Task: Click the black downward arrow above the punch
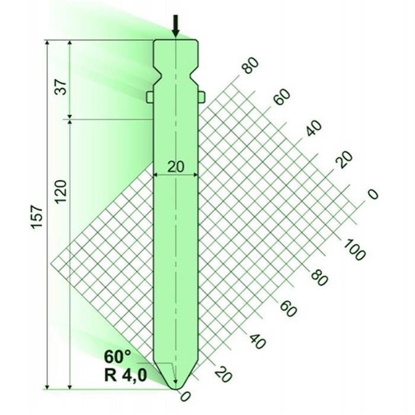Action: click(x=175, y=25)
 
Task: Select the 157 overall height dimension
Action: click(x=37, y=216)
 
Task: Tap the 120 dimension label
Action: click(x=60, y=191)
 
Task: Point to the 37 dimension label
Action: click(x=61, y=87)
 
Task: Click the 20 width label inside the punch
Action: click(x=175, y=167)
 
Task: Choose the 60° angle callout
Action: click(x=117, y=356)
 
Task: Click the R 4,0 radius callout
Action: click(x=126, y=375)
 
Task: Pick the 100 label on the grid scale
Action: click(x=355, y=250)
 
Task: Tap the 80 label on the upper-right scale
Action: click(x=250, y=65)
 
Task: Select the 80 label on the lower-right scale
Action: click(x=320, y=277)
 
